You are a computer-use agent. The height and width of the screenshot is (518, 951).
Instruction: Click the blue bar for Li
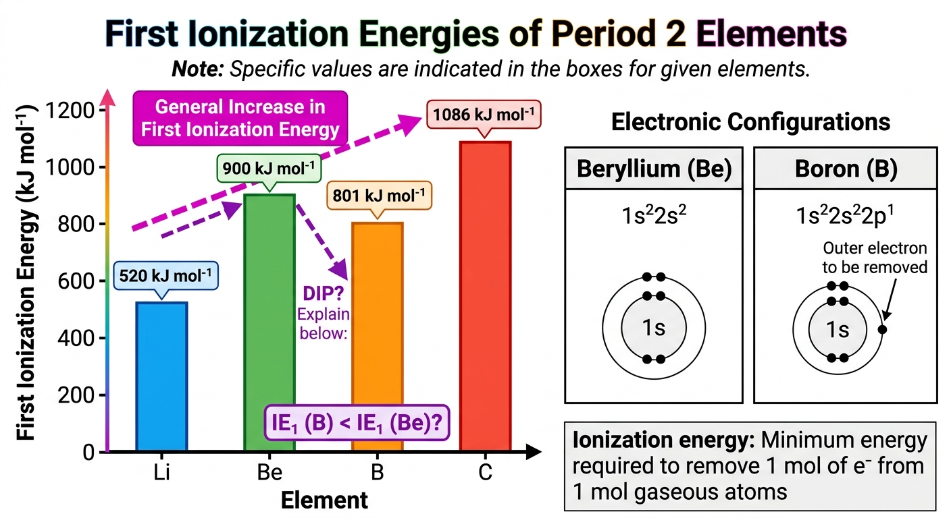(161, 376)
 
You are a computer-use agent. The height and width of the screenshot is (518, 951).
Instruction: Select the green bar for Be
(269, 322)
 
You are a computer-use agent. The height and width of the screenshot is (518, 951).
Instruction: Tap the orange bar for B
(378, 337)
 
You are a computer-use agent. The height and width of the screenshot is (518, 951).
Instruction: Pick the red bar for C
(485, 296)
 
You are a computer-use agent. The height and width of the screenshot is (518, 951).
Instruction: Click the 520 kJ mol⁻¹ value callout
(165, 276)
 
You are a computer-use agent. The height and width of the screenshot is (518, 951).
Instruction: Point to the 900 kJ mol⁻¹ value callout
(269, 169)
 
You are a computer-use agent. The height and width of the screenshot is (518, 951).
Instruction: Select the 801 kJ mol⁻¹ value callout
(379, 196)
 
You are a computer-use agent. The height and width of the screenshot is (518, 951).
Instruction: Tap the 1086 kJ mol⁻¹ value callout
(484, 115)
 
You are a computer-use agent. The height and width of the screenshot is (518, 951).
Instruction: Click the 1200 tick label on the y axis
(70, 111)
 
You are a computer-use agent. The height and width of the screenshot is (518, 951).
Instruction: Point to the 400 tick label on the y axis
(76, 339)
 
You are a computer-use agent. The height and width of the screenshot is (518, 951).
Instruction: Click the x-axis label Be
(269, 471)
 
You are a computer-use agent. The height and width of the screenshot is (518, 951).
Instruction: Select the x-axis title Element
(324, 500)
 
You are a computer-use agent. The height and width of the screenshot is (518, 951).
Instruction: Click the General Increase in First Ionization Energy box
(240, 118)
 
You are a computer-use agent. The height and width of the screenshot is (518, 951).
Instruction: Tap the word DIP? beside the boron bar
(324, 293)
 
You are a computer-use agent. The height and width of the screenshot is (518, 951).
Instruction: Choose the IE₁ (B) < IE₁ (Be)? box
(357, 423)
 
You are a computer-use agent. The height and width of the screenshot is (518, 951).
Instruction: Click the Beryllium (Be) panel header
(654, 169)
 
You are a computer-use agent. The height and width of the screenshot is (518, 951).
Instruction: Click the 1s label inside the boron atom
(838, 329)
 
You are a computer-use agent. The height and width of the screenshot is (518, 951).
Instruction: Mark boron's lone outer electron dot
(882, 329)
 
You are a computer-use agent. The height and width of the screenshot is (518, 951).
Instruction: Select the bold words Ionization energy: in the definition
(663, 440)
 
